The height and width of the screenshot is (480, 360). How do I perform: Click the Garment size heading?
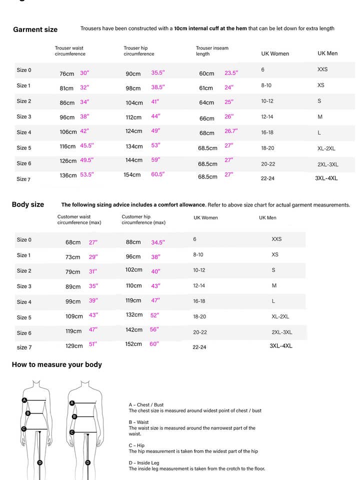pos(35,29)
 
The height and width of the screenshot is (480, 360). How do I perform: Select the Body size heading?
pos(28,204)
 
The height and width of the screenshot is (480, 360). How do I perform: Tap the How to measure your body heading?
pos(56,364)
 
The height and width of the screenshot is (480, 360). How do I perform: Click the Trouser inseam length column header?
pos(212,51)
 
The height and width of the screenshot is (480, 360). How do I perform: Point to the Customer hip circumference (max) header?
pos(143,219)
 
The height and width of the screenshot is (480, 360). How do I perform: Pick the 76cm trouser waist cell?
pos(67,74)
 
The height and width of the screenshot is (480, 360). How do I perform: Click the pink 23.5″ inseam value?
pos(231,73)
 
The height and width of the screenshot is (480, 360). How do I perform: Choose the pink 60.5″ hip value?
pos(158,174)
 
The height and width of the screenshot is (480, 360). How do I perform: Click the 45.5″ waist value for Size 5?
pos(87,146)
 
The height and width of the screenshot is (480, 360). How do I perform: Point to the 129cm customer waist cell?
pos(74,346)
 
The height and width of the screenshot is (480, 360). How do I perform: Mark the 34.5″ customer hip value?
pos(158,242)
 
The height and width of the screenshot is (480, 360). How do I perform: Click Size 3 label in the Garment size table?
pos(24,116)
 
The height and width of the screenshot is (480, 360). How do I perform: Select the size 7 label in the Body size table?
pos(24,347)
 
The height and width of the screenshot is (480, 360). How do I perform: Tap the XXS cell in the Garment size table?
pos(322,69)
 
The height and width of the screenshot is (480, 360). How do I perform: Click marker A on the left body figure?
pos(24,400)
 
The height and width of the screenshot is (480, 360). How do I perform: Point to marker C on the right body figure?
pos(72,432)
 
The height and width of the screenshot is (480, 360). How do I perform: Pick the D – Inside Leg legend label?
pos(144,463)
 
